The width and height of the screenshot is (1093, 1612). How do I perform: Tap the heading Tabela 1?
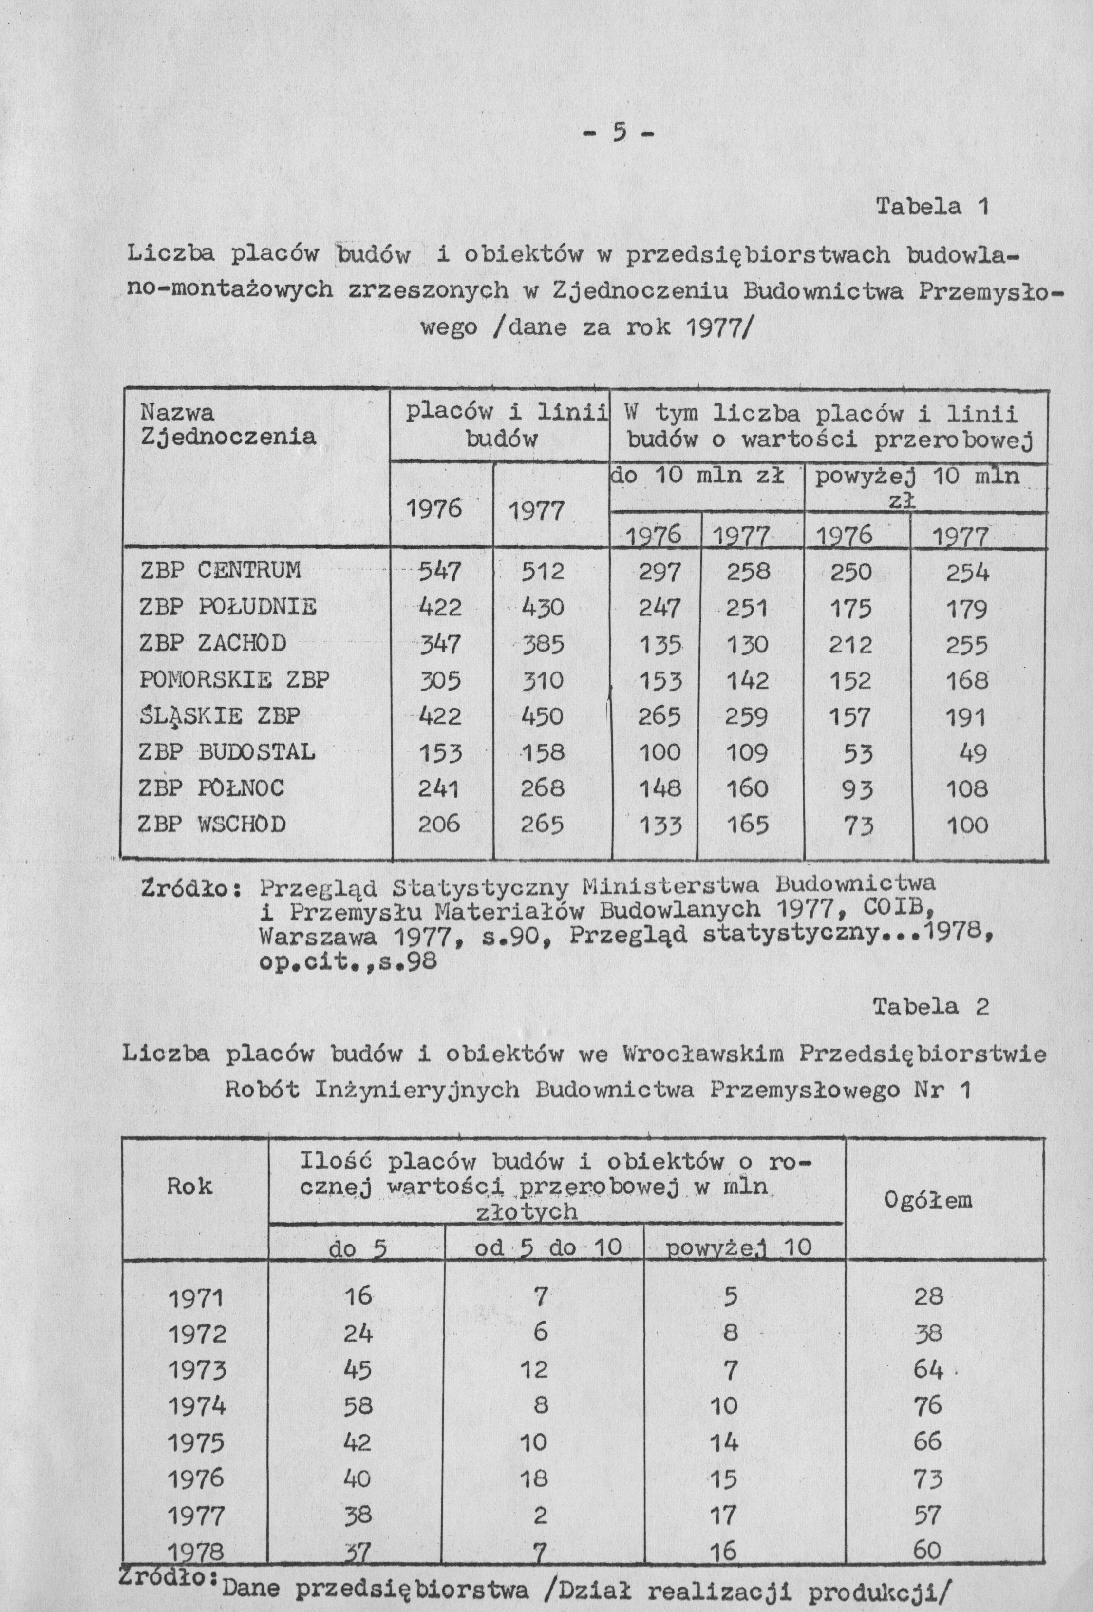click(931, 207)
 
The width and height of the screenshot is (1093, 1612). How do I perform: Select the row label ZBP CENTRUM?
click(221, 570)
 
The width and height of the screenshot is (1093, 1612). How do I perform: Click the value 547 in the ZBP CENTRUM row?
click(440, 571)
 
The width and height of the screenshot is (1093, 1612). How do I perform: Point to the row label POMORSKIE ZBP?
click(234, 679)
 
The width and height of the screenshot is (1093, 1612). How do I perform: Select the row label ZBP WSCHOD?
click(213, 824)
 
